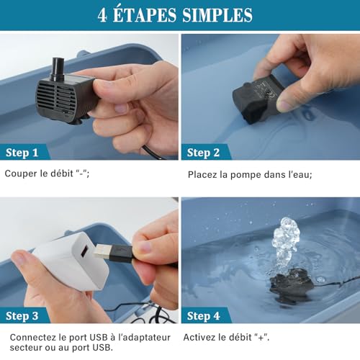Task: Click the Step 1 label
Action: pyautogui.click(x=22, y=153)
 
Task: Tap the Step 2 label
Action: pyautogui.click(x=202, y=153)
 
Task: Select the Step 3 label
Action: pyautogui.click(x=22, y=315)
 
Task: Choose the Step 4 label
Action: pyautogui.click(x=202, y=315)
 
